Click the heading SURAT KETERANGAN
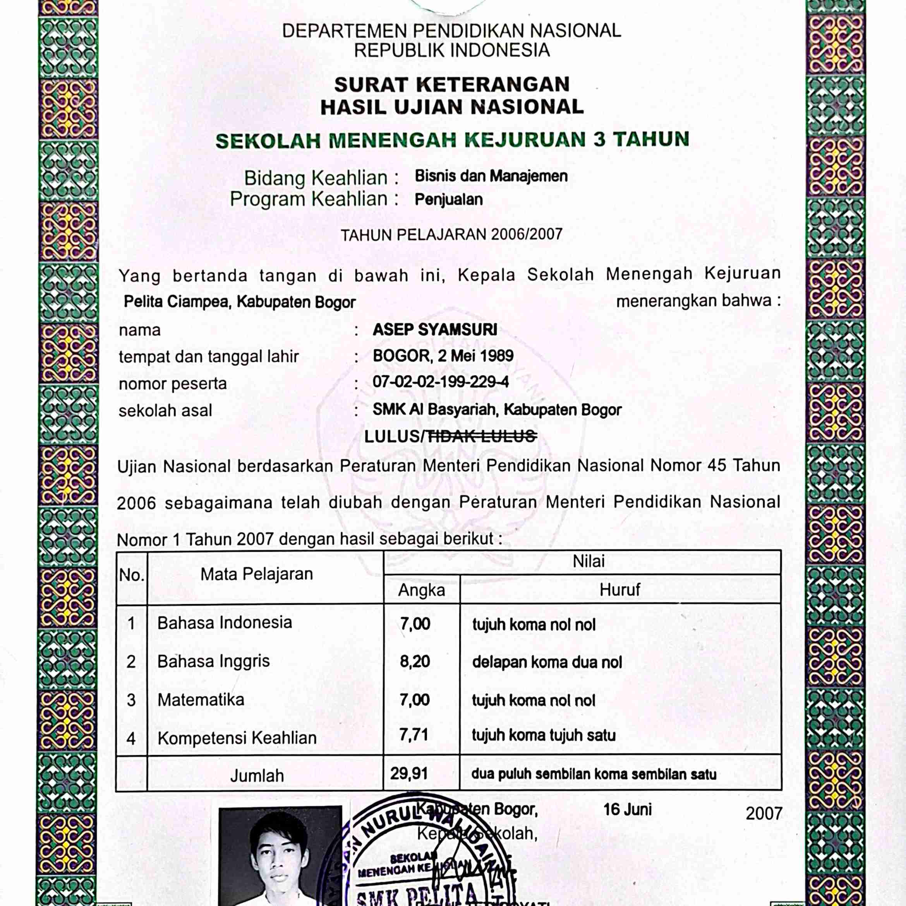click(x=451, y=85)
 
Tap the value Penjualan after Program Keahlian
click(x=449, y=200)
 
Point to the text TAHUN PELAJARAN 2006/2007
click(x=451, y=235)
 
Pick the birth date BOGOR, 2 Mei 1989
click(x=443, y=356)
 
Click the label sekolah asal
click(x=165, y=411)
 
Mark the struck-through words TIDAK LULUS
click(x=482, y=437)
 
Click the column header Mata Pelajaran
click(x=257, y=574)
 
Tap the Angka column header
click(x=421, y=590)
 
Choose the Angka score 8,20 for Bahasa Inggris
click(x=415, y=662)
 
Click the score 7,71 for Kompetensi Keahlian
click(x=414, y=735)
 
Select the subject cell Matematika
click(x=201, y=700)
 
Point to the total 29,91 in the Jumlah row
click(x=409, y=774)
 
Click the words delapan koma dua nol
click(x=547, y=662)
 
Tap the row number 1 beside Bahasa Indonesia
click(x=131, y=624)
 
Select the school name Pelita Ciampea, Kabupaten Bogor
click(x=239, y=302)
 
